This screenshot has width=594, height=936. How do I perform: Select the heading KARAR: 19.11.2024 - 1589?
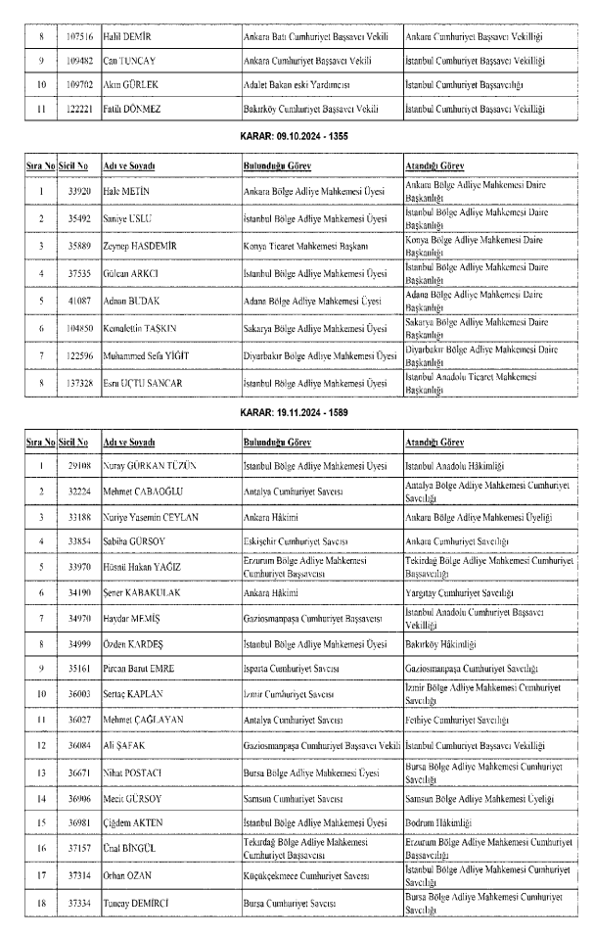coord(297,412)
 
